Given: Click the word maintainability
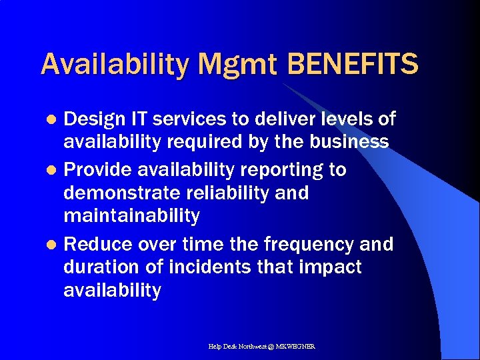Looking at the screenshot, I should coord(131,216).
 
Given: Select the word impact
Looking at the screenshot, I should coord(331,268).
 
